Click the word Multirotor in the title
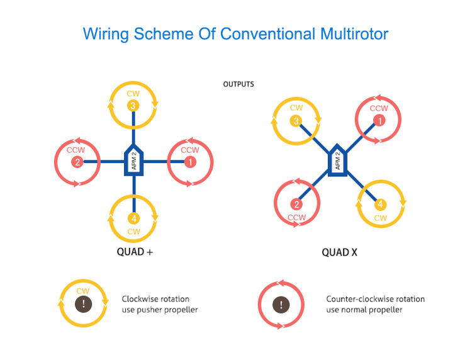point(354,34)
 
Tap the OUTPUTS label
point(239,84)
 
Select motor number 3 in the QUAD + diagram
point(133,106)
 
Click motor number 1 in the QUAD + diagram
point(190,162)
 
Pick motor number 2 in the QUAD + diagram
point(77,162)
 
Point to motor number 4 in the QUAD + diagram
point(133,218)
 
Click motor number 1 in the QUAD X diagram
point(379,121)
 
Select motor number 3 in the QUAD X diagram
point(296,121)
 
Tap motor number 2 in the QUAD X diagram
point(296,205)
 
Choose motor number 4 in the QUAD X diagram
point(380,205)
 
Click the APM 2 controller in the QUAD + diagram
point(133,160)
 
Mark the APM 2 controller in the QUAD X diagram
point(337,160)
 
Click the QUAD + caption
point(135,252)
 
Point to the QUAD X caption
point(339,252)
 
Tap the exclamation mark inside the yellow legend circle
point(83,304)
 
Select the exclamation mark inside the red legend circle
point(281,305)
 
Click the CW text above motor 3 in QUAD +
point(133,94)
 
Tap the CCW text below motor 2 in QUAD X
point(296,217)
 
